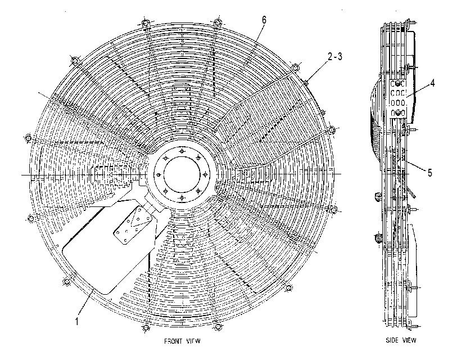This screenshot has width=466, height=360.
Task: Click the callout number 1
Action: [x=77, y=321]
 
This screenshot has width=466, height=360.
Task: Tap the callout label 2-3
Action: [x=335, y=56]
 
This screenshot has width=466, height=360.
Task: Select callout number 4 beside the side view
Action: [x=433, y=83]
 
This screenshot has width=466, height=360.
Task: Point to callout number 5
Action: [x=429, y=173]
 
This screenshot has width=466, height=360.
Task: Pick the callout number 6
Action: [x=264, y=20]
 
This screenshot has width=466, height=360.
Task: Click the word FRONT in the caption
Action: [x=173, y=341]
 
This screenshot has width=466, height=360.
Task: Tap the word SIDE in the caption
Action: [x=392, y=340]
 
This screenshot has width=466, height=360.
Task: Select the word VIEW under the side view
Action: [x=410, y=340]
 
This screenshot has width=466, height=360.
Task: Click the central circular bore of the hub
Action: [x=182, y=174]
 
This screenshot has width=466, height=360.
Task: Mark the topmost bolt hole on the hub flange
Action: [x=182, y=151]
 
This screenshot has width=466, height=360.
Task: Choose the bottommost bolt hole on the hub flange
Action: [x=182, y=197]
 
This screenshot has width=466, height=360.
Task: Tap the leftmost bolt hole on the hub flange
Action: [x=159, y=174]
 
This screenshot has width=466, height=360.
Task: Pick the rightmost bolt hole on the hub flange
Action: [x=205, y=174]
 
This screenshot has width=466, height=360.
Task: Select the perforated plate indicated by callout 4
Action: [x=397, y=98]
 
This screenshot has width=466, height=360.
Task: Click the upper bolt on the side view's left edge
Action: [x=377, y=196]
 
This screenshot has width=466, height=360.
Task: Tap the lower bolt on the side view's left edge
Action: [x=378, y=237]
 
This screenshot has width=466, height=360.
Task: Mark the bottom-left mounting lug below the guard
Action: [x=146, y=327]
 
